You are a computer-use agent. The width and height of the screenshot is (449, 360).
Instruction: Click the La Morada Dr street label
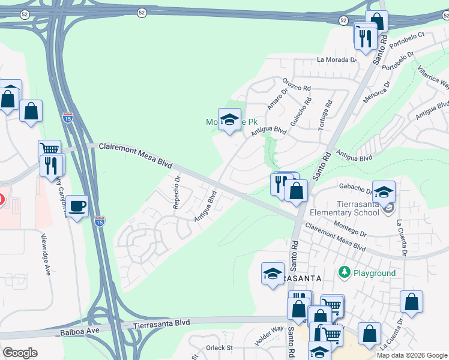click(337, 60)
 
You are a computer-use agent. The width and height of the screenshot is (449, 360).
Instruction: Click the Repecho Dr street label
click(176, 192)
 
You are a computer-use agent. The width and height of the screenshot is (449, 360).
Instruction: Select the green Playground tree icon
click(345, 273)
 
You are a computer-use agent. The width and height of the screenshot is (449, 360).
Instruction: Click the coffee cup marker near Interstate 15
click(77, 206)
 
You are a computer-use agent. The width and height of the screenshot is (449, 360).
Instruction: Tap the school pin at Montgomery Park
click(229, 119)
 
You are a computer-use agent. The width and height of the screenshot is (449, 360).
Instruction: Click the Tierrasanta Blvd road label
click(161, 323)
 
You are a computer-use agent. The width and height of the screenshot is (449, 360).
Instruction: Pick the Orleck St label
click(219, 347)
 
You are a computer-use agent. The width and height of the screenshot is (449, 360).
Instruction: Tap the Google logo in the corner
click(20, 352)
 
